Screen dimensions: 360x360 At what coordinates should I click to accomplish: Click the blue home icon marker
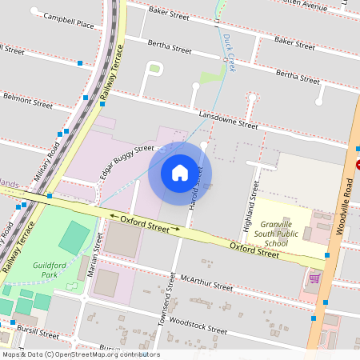pos(180,173)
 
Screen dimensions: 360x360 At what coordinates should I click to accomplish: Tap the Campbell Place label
pos(68,20)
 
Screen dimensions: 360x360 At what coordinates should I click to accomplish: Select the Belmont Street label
pos(28,103)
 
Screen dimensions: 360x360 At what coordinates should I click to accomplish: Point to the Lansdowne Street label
pos(229,120)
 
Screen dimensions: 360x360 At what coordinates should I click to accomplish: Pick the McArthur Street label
pos(206,282)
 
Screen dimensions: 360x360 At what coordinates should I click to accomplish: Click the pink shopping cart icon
pos(315,278)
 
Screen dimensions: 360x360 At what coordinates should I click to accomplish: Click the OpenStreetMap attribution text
pos(80,354)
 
